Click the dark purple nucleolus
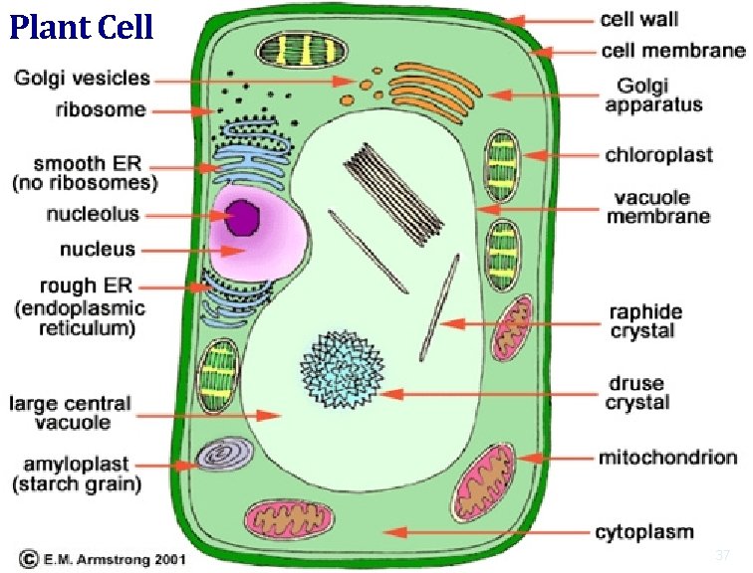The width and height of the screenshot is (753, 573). (x=242, y=217)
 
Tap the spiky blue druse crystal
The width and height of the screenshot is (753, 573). (x=342, y=370)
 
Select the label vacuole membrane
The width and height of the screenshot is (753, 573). (x=657, y=206)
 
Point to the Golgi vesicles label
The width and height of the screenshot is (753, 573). (x=83, y=78)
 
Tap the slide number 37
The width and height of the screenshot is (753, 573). (x=723, y=554)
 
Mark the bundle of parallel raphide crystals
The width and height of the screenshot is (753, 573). (x=395, y=191)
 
